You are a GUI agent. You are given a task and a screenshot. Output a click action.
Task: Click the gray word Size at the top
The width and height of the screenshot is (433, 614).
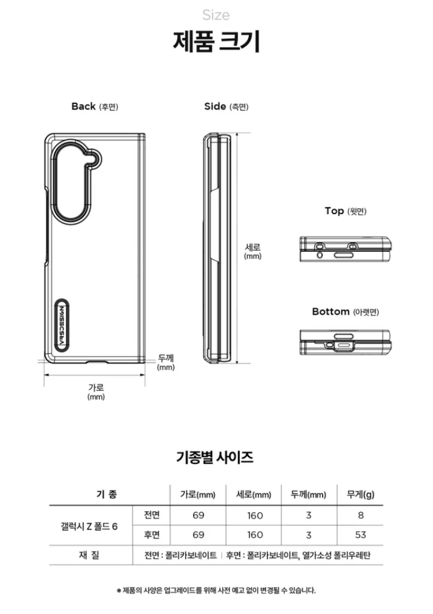click(x=216, y=15)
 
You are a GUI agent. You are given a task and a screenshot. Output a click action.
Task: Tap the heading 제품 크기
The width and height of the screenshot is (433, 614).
click(x=216, y=41)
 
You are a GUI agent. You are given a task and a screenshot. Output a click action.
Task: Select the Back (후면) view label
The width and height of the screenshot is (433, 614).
click(x=95, y=107)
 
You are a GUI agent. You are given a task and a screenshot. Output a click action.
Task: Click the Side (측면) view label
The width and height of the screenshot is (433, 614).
click(x=226, y=107)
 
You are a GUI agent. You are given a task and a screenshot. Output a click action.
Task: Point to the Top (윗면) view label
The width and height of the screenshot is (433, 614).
click(x=345, y=211)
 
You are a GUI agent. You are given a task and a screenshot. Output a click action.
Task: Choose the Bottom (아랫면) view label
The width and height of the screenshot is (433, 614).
click(x=345, y=312)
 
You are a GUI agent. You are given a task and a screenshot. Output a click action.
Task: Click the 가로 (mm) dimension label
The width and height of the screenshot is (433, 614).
click(x=96, y=392)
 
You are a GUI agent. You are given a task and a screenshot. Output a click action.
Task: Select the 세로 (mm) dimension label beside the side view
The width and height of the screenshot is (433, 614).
click(x=252, y=251)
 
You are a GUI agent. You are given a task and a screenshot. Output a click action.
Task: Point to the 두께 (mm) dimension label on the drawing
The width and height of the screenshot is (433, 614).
click(x=166, y=362)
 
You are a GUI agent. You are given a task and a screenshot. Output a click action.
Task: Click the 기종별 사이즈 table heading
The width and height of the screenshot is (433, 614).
click(x=215, y=457)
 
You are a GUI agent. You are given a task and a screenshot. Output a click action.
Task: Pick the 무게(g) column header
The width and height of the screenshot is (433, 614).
click(x=360, y=495)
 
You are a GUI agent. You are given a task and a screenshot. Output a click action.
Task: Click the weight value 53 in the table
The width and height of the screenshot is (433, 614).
click(x=360, y=535)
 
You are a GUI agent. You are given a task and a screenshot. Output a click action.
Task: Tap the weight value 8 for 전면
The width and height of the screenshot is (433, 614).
click(x=360, y=515)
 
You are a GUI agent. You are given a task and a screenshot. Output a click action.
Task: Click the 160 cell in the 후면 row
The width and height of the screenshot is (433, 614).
click(x=255, y=535)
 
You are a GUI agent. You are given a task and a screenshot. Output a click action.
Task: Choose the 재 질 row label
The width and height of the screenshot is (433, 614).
click(x=89, y=555)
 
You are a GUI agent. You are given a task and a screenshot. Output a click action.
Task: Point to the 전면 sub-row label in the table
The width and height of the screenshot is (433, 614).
click(x=152, y=515)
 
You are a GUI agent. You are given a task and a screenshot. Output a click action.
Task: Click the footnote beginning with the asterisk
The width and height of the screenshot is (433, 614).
click(x=216, y=591)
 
